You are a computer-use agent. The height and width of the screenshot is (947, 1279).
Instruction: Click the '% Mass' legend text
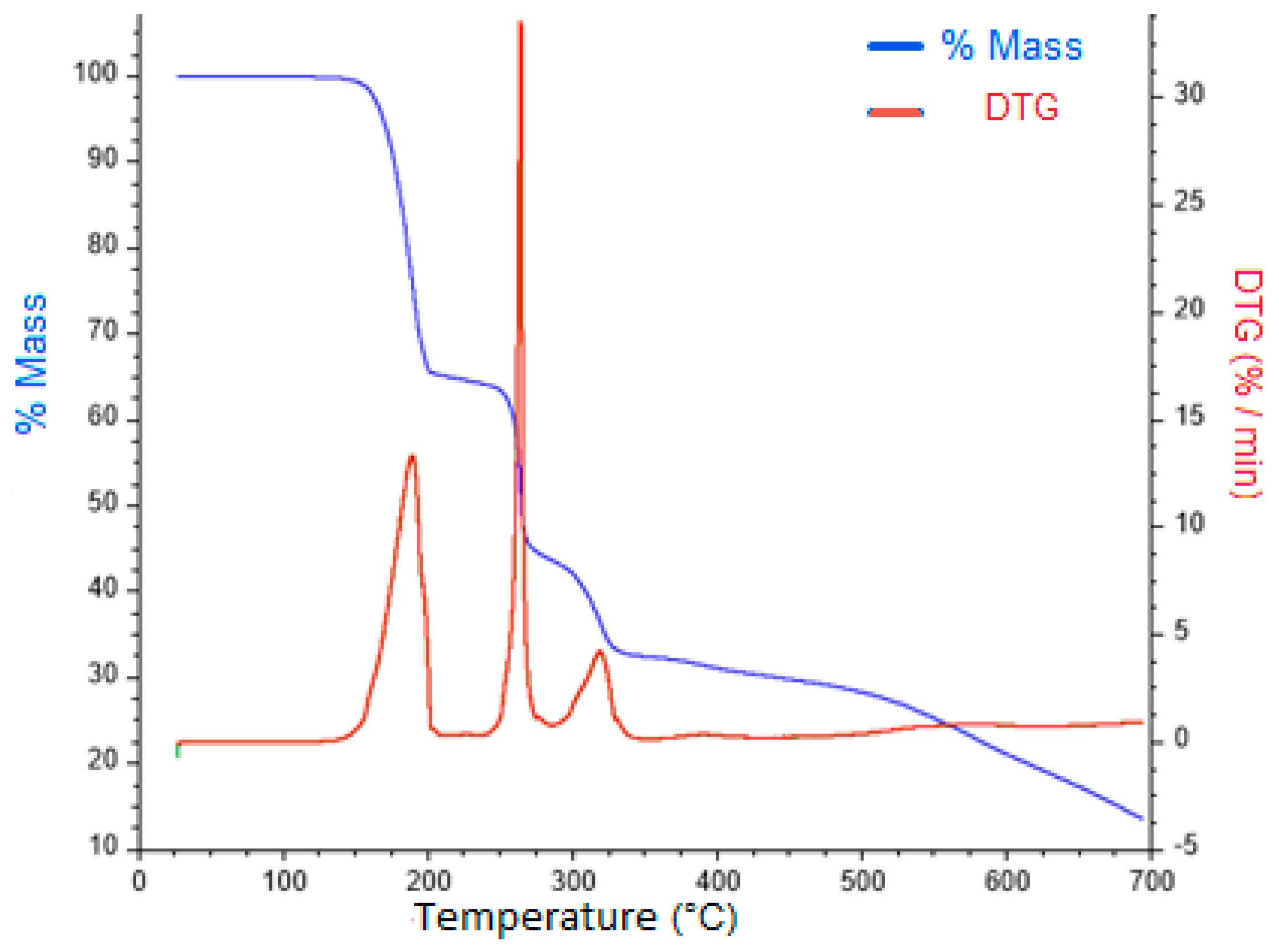[x=1012, y=45]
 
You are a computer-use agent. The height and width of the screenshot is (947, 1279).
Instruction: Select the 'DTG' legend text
[x=1021, y=107]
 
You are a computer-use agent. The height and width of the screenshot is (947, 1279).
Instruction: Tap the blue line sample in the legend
[x=896, y=46]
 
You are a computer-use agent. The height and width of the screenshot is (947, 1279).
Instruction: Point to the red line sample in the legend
[x=896, y=112]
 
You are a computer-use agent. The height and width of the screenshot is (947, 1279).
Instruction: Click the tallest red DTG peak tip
[x=520, y=23]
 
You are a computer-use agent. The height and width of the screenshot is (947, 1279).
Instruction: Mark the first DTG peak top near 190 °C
[x=412, y=456]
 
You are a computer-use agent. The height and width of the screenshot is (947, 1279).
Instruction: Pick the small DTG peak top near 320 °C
[x=600, y=651]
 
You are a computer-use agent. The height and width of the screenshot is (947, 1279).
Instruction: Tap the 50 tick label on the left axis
[x=103, y=503]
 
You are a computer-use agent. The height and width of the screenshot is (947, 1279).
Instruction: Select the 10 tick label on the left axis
[x=104, y=846]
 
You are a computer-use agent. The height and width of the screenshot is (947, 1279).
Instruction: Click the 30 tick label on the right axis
[x=1188, y=93]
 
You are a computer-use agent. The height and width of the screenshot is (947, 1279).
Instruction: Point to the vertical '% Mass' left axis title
[x=31, y=364]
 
